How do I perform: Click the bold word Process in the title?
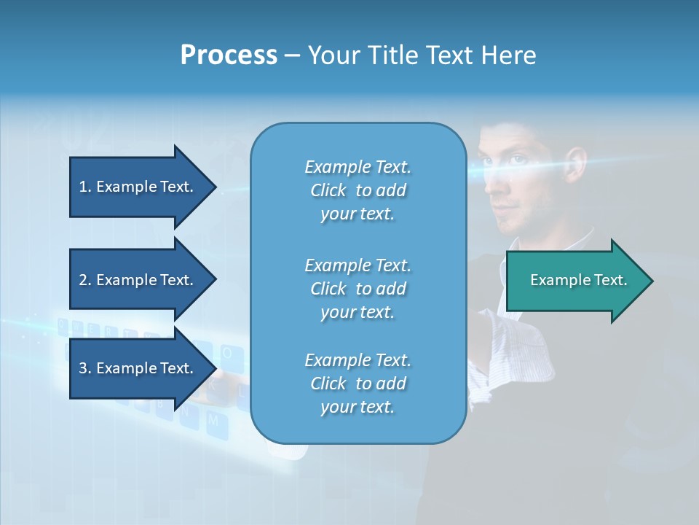[x=229, y=55]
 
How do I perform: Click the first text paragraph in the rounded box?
[x=358, y=190]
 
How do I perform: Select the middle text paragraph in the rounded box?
[x=358, y=289]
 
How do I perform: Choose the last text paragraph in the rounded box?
[x=358, y=384]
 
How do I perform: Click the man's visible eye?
[x=516, y=160]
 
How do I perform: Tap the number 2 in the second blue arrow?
[x=83, y=280]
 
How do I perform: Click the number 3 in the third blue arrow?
[x=83, y=368]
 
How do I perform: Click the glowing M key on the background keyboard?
[x=213, y=421]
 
